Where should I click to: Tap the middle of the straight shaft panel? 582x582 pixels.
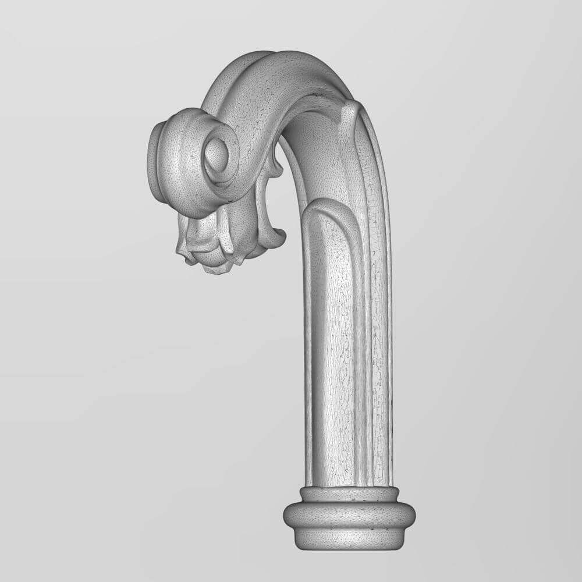pyautogui.click(x=332, y=349)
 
